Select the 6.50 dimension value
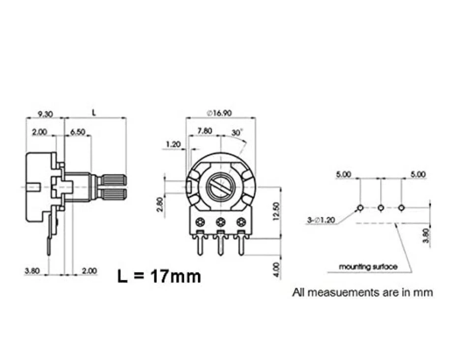pyautogui.click(x=78, y=132)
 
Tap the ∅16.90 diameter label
pyautogui.click(x=219, y=113)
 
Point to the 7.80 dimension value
pyautogui.click(x=205, y=131)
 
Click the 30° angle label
pyautogui.click(x=237, y=133)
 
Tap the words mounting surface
pyautogui.click(x=368, y=267)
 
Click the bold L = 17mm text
pyautogui.click(x=159, y=276)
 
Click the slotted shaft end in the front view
pyautogui.click(x=221, y=186)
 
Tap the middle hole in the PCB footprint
pyautogui.click(x=381, y=208)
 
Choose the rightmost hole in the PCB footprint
pyautogui.click(x=401, y=208)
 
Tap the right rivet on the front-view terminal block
pyautogui.click(x=241, y=222)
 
